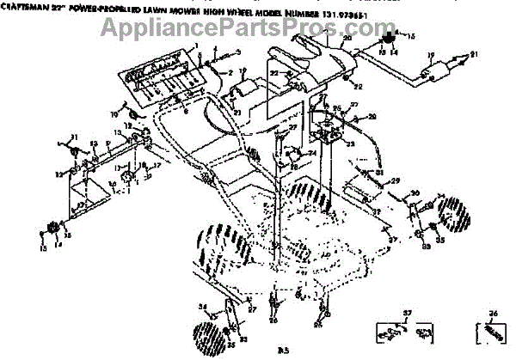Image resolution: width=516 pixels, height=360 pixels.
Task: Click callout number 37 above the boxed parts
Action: click(409, 312)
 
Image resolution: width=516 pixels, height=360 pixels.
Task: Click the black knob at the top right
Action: click(387, 37)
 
